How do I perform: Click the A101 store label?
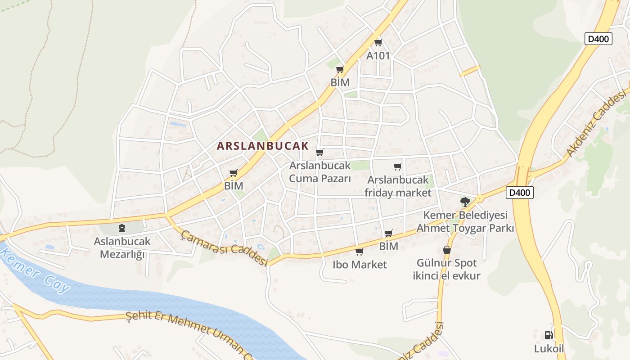pyautogui.click(x=378, y=55)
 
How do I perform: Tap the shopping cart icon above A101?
pyautogui.click(x=378, y=43)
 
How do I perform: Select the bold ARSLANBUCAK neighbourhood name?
pyautogui.click(x=263, y=146)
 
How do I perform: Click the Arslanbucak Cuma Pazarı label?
pyautogui.click(x=319, y=172)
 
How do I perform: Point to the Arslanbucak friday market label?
pyautogui.click(x=398, y=186)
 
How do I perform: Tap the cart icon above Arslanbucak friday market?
pyautogui.click(x=397, y=167)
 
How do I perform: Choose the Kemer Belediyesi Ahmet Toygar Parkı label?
pyautogui.click(x=465, y=221)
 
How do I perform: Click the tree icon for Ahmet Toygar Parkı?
pyautogui.click(x=465, y=202)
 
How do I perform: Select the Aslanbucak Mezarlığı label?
pyautogui.click(x=122, y=247)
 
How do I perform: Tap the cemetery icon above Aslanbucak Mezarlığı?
pyautogui.click(x=121, y=228)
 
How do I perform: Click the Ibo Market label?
pyautogui.click(x=360, y=265)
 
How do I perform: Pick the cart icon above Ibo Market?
pyautogui.click(x=359, y=252)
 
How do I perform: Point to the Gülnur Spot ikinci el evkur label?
pyautogui.click(x=446, y=269)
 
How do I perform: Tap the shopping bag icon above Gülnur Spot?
pyautogui.click(x=446, y=250)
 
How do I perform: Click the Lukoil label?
pyautogui.click(x=549, y=349)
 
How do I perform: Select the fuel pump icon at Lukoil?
pyautogui.click(x=549, y=335)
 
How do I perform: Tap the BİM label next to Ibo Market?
pyautogui.click(x=388, y=246)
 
